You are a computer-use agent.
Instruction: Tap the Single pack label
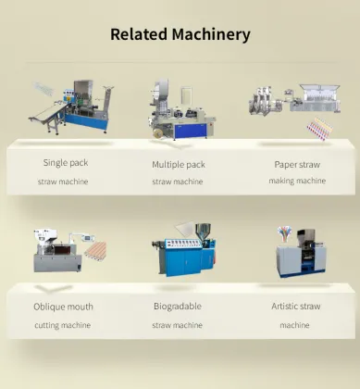point(64,163)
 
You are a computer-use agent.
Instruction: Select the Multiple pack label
point(179,164)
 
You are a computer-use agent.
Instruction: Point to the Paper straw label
point(298,164)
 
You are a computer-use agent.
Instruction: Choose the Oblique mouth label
point(63,307)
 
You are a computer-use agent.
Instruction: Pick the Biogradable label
point(177,307)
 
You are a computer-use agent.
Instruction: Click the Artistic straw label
point(295,307)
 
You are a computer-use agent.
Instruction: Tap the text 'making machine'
point(298,181)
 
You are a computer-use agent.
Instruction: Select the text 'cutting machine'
point(63,325)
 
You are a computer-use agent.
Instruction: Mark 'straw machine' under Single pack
point(63,182)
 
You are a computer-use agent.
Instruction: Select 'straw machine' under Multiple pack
point(178,182)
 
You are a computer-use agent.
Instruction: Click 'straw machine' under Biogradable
point(177,325)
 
